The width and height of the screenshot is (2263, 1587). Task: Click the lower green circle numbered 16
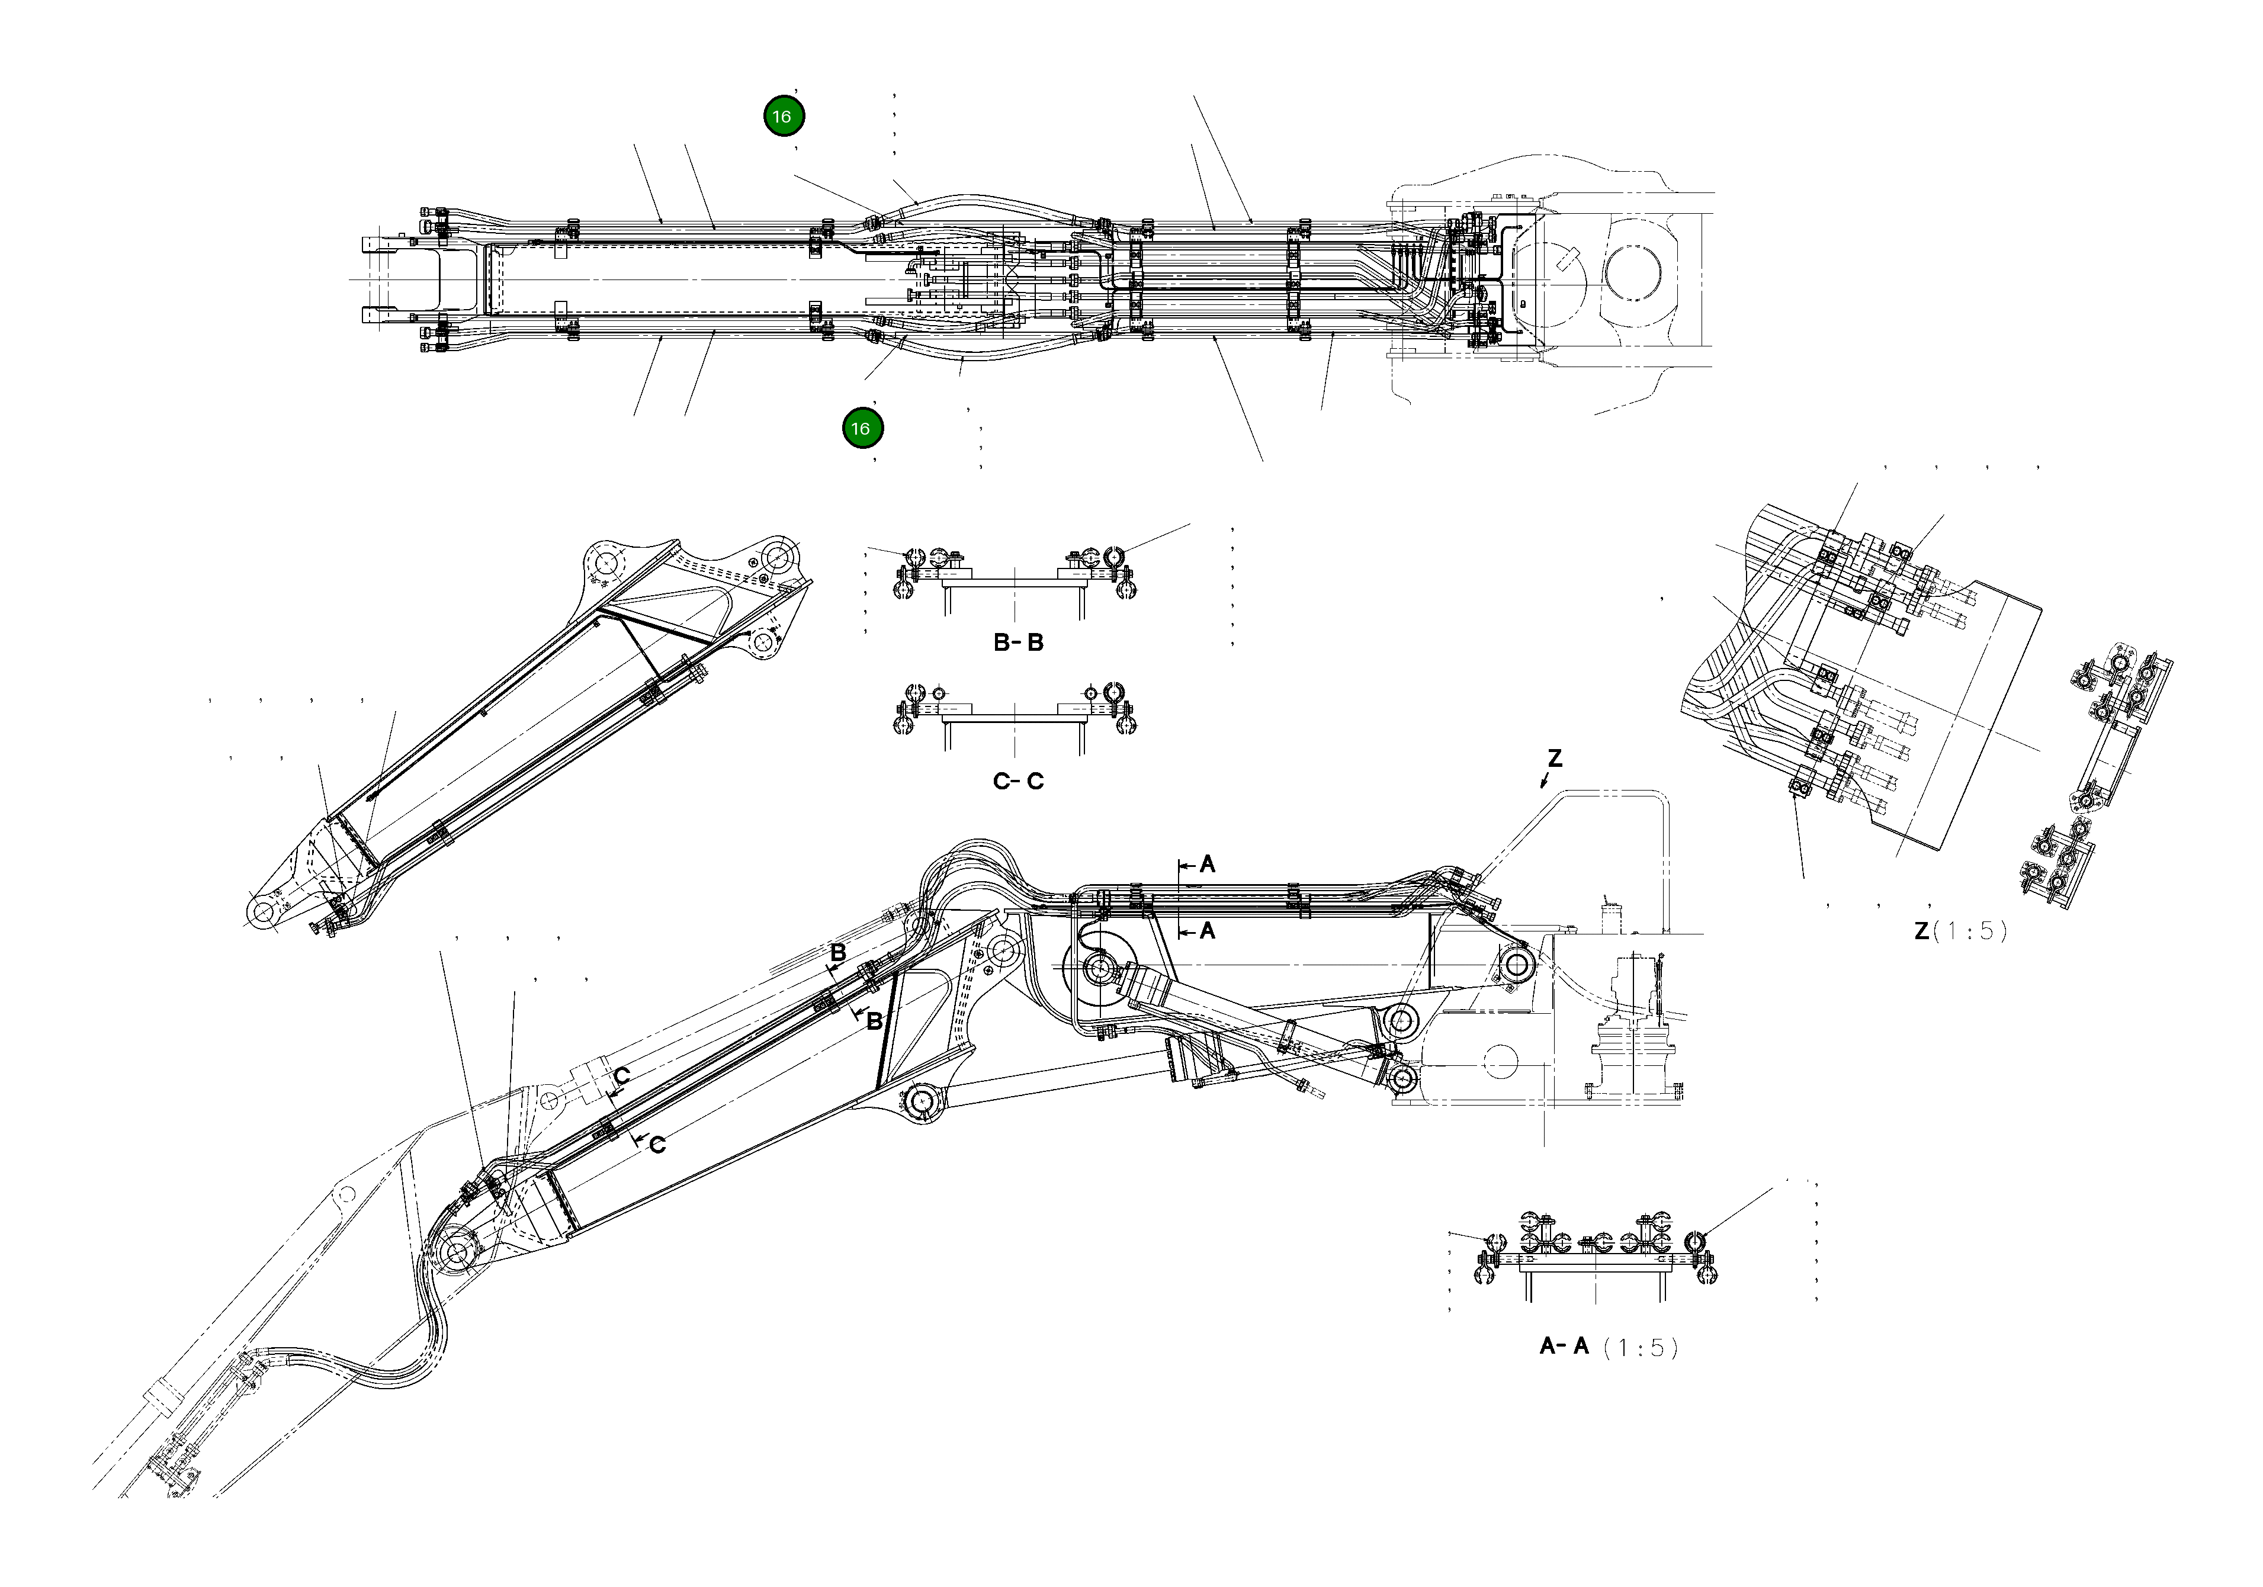pyautogui.click(x=862, y=428)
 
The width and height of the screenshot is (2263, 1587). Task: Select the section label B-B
pyautogui.click(x=1018, y=642)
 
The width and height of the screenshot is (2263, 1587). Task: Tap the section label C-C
pyautogui.click(x=1018, y=782)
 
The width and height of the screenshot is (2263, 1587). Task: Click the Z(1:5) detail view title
pyautogui.click(x=1959, y=930)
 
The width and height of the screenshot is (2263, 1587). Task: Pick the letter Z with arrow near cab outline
pyautogui.click(x=1554, y=759)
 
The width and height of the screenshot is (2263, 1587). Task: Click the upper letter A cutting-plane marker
pyautogui.click(x=1208, y=865)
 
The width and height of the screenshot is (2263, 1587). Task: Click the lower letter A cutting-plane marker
pyautogui.click(x=1208, y=930)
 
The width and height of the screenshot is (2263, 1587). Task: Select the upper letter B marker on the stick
pyautogui.click(x=838, y=953)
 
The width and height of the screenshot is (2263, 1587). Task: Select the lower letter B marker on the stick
pyautogui.click(x=873, y=1022)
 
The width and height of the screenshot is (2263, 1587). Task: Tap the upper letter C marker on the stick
pyautogui.click(x=622, y=1075)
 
